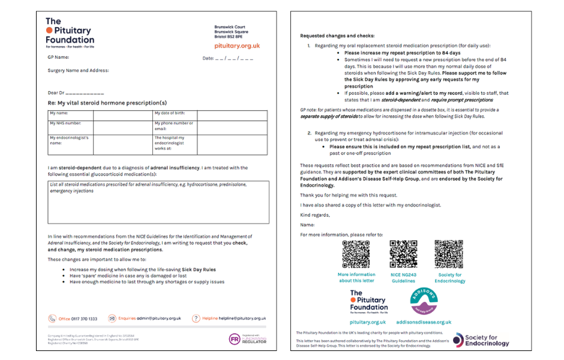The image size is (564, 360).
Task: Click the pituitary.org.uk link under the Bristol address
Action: tap(237, 46)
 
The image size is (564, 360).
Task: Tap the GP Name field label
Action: tap(58, 58)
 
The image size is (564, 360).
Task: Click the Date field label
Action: tap(208, 58)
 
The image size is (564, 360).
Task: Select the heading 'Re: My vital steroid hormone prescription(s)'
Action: tap(107, 103)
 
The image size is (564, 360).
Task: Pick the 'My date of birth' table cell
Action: tap(174, 113)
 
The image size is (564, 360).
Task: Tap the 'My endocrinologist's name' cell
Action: tap(70, 140)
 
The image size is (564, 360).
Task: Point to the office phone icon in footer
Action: tap(52, 319)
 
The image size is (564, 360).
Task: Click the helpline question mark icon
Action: tap(196, 319)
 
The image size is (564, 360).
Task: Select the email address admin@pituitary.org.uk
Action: tap(159, 319)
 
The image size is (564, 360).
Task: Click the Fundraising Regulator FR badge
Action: tap(234, 339)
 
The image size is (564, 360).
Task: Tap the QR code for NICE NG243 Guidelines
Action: tap(403, 254)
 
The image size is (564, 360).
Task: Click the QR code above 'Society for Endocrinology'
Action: tap(449, 254)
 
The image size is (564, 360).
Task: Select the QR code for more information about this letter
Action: tap(356, 254)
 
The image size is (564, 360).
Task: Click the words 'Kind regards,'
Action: tap(314, 215)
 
